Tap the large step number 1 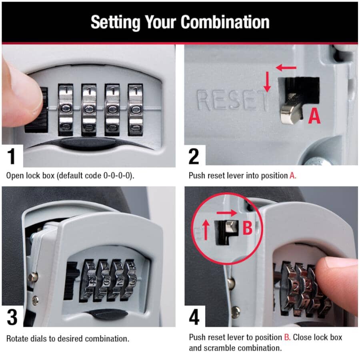pos(12,156)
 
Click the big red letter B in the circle pos(247,228)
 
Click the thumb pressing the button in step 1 pos(20,90)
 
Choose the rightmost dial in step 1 pos(136,109)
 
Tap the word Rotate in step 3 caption pos(17,338)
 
